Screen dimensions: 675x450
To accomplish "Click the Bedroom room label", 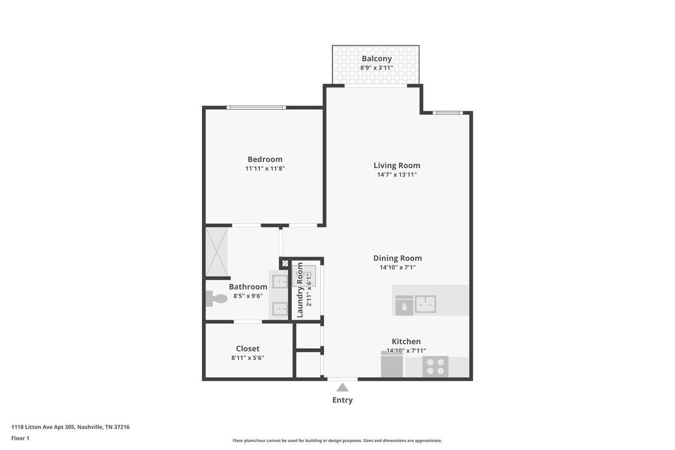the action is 265,159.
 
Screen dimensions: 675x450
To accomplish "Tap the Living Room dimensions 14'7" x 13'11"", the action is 397,174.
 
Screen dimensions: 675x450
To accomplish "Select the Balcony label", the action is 377,58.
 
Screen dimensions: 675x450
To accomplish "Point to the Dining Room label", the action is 398,258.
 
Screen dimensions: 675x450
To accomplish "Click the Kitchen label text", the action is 406,341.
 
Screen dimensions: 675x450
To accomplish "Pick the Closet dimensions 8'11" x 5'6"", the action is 247,358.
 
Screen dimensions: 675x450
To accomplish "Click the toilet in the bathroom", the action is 217,299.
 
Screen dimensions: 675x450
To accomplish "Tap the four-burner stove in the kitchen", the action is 435,367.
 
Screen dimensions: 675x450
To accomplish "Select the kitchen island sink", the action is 425,304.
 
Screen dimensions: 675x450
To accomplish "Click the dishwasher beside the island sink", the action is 404,305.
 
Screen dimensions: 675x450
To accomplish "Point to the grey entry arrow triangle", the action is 343,388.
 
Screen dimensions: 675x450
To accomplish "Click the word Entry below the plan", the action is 343,400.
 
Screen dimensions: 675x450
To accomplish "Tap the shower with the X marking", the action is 217,252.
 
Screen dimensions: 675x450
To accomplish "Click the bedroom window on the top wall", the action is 256,107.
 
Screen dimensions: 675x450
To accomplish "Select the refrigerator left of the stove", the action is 391,364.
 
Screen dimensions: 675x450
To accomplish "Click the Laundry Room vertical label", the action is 300,290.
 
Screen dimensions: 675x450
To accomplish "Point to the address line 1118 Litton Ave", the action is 70,427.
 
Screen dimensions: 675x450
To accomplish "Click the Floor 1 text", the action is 20,438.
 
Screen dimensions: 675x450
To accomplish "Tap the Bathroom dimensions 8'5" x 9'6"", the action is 248,296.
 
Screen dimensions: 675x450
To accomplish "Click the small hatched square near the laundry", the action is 285,264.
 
